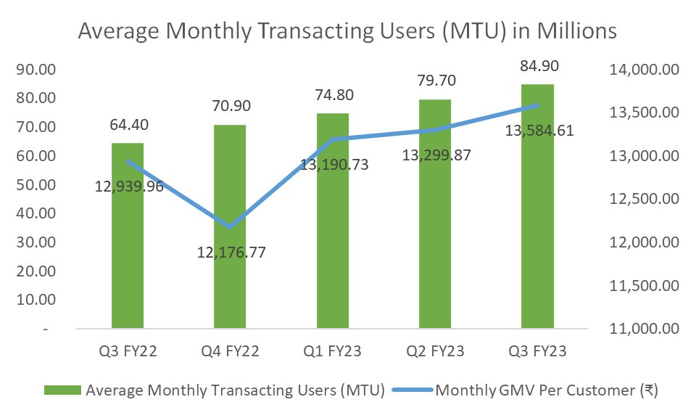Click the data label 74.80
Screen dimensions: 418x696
click(x=332, y=96)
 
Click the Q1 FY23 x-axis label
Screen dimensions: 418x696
click(x=332, y=352)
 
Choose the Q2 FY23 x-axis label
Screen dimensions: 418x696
click(x=434, y=352)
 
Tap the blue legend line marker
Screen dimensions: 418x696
click(x=411, y=390)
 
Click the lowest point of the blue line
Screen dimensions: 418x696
click(x=230, y=227)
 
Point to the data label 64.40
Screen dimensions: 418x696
click(x=128, y=126)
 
